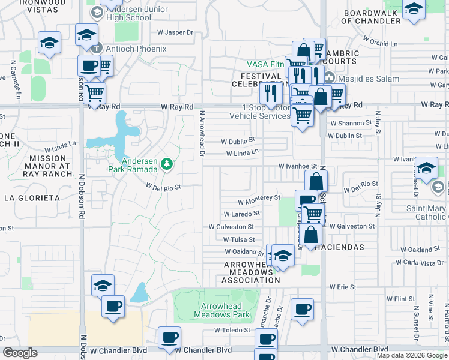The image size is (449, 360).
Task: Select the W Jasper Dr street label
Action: [176, 34]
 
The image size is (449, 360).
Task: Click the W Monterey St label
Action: [259, 197]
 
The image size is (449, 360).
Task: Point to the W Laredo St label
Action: [241, 213]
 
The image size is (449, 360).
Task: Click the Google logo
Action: [19, 353]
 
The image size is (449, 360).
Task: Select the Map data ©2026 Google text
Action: [412, 355]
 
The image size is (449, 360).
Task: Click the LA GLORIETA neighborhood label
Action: [32, 197]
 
